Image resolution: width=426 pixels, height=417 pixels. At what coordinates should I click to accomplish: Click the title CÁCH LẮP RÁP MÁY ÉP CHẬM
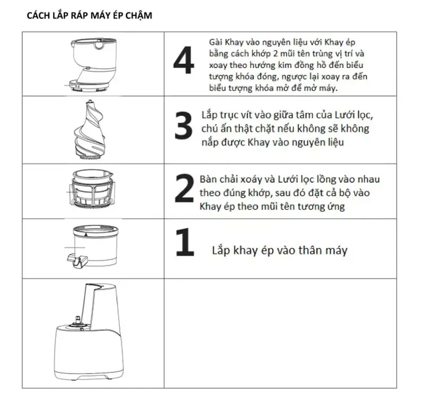tap(89, 15)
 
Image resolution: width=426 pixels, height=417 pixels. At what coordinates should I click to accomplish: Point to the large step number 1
tap(184, 246)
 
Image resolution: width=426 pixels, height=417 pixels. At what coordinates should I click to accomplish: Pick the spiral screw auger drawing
tap(93, 129)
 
